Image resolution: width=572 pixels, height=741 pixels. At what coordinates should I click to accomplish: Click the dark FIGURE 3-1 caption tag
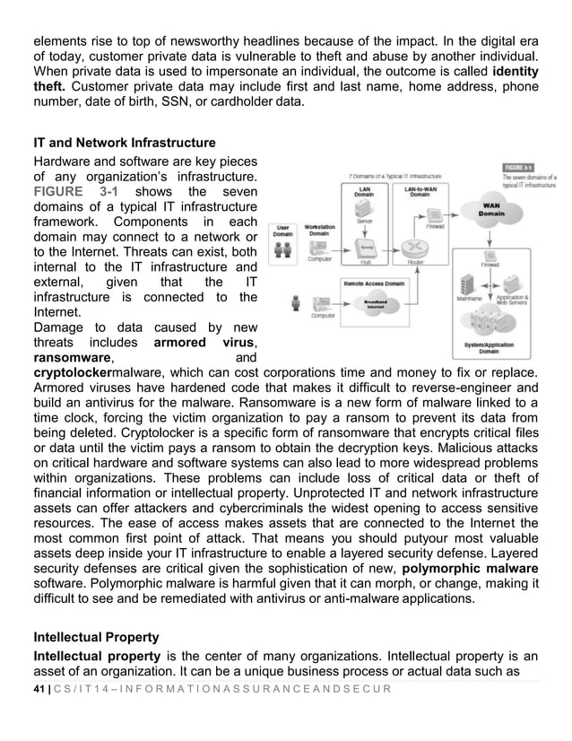[x=517, y=167]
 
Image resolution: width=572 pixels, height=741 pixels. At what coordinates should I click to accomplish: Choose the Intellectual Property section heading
[x=96, y=638]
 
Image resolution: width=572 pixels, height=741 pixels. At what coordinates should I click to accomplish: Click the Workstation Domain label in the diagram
[x=320, y=231]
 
